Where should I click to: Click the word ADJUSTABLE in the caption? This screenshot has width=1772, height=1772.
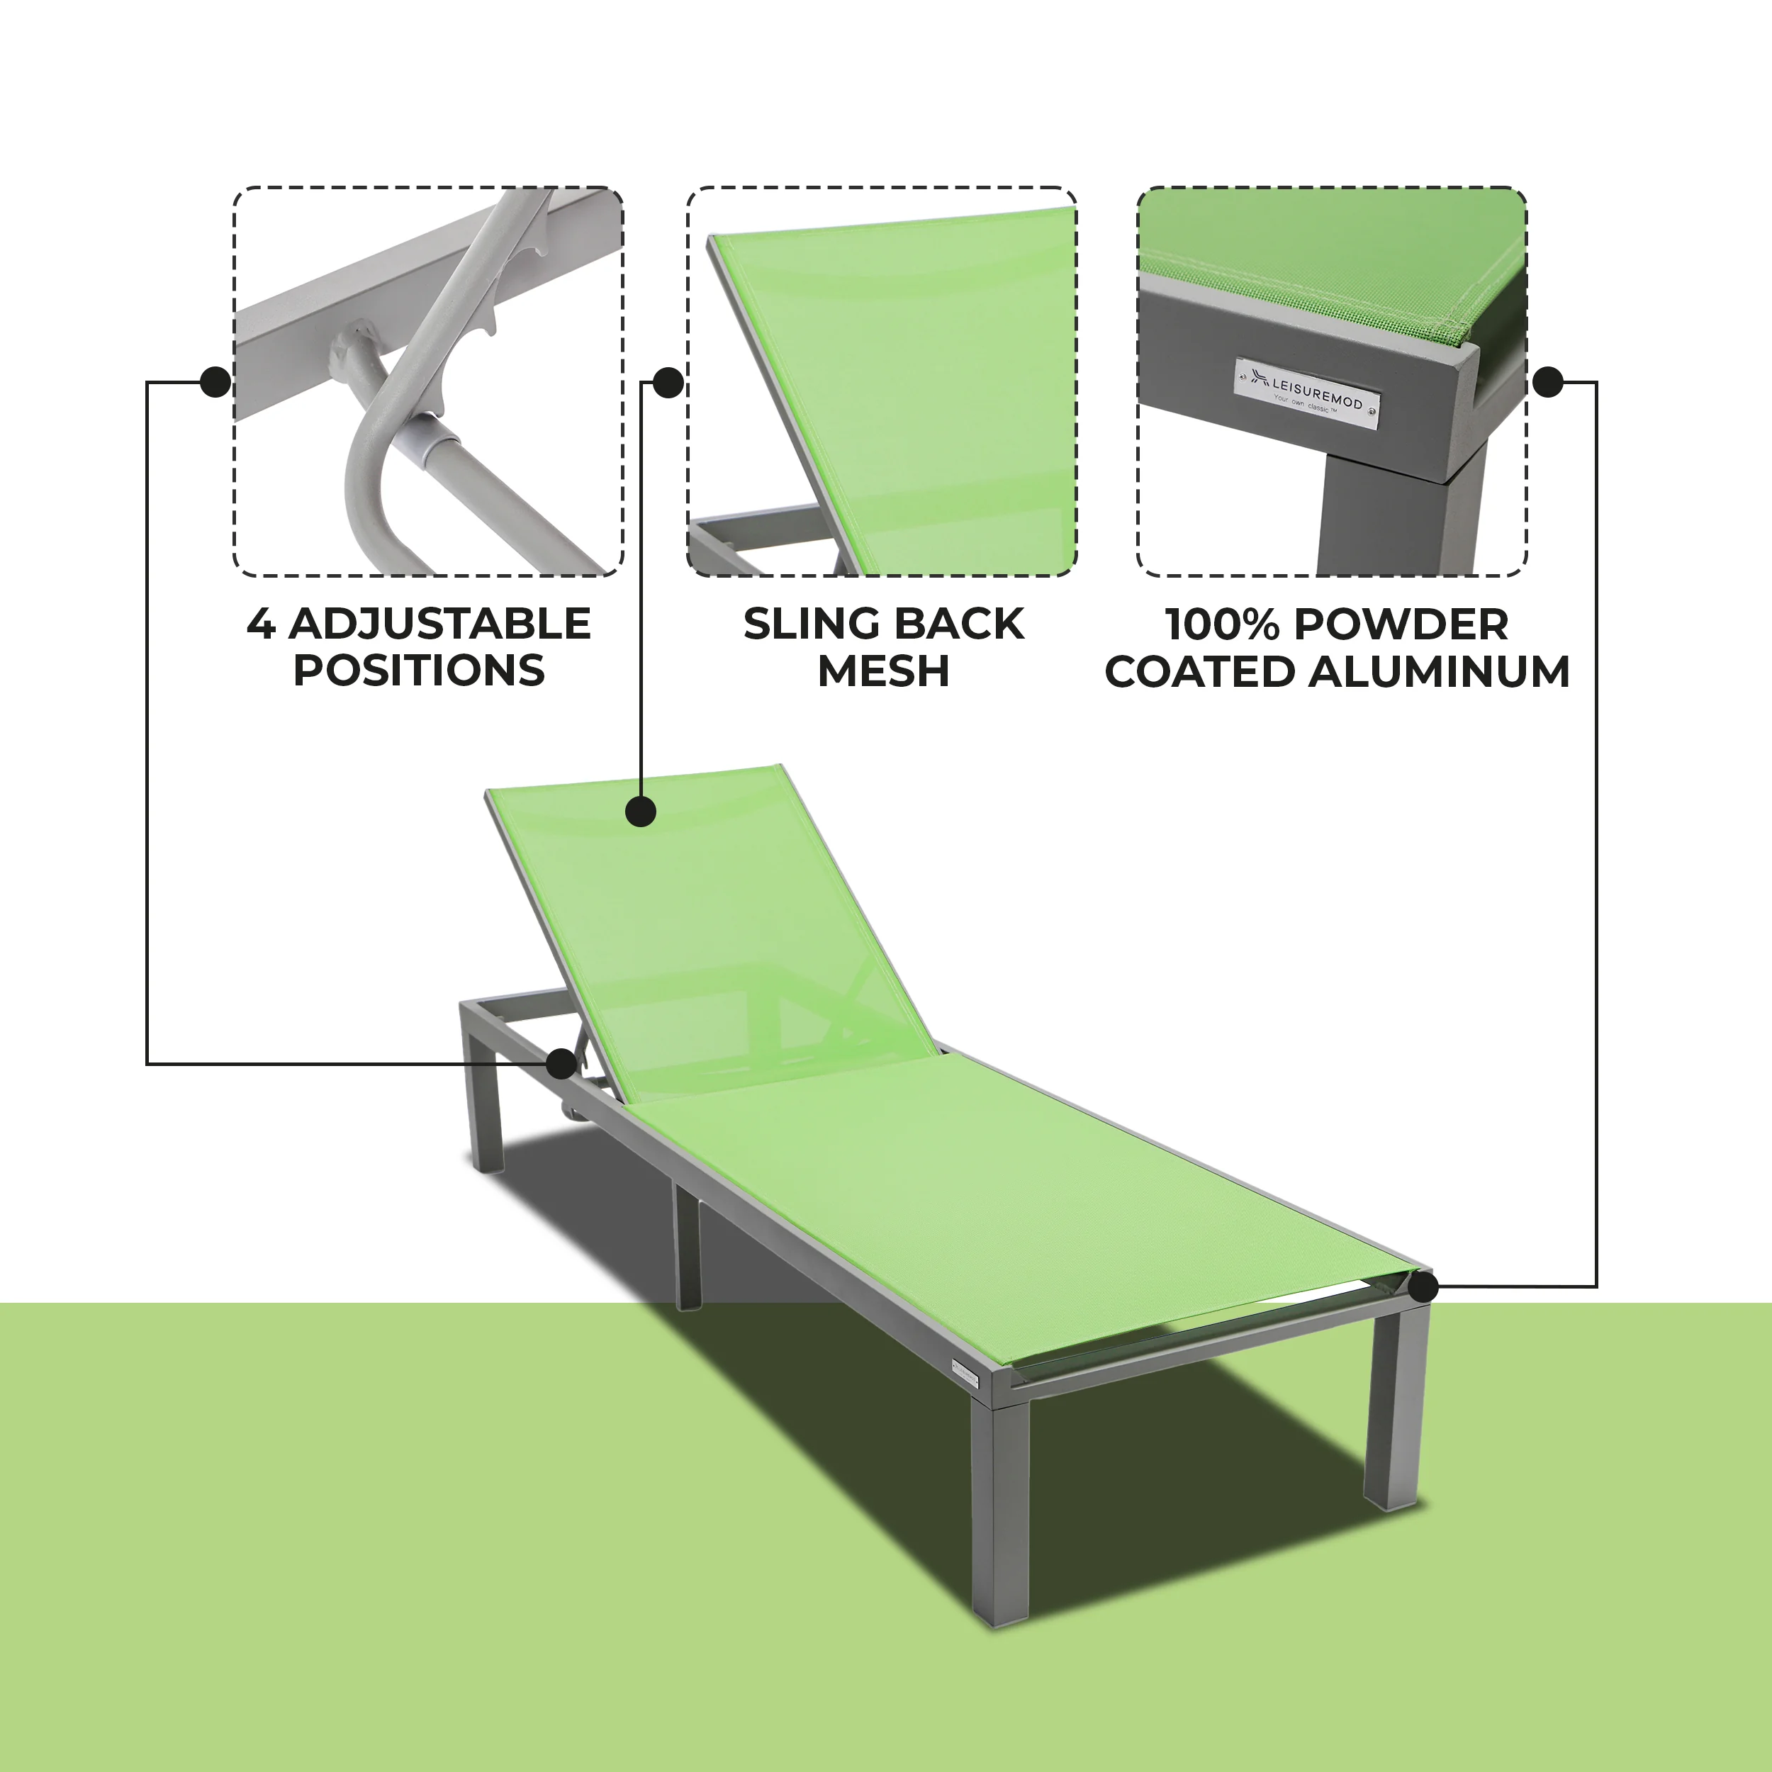click(x=439, y=624)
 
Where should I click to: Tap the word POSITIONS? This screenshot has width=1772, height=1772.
click(x=419, y=671)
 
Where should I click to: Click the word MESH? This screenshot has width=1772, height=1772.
click(x=882, y=671)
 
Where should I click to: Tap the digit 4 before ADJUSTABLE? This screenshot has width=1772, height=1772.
click(x=260, y=624)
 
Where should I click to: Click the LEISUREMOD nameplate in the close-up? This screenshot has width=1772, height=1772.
click(x=1307, y=393)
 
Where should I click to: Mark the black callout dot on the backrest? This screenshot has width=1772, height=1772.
click(x=641, y=812)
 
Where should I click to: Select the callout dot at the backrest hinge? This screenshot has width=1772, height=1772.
click(x=561, y=1064)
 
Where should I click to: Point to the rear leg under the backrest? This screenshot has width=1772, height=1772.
click(x=486, y=1110)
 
